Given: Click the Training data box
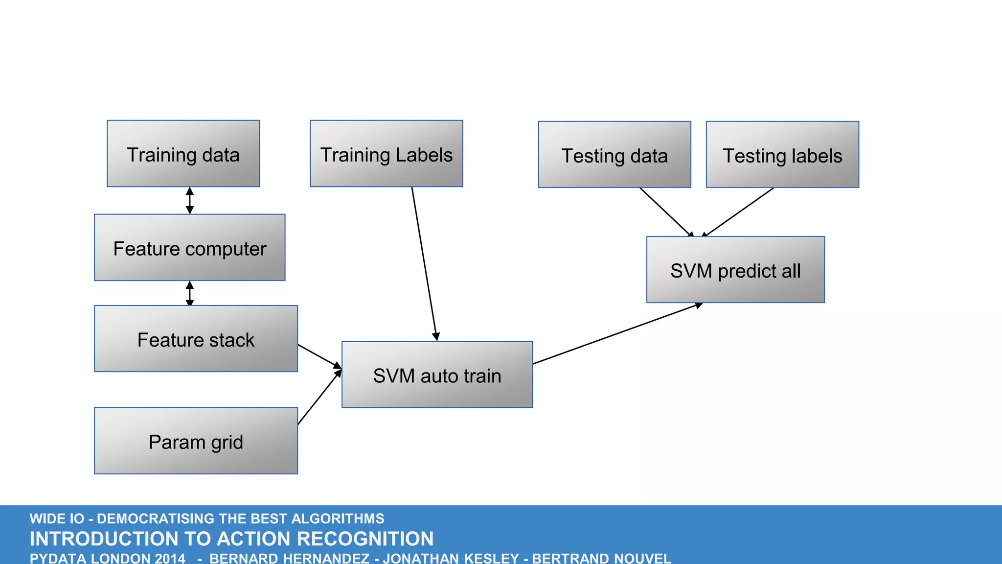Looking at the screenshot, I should pos(183,154).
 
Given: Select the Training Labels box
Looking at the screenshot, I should pos(386,154).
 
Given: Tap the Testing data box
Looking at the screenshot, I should pos(615,155).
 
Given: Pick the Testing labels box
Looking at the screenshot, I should pos(782,155).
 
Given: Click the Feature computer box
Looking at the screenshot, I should pos(189,248).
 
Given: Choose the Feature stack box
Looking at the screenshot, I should pos(196,339).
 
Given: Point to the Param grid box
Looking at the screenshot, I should pos(196,441).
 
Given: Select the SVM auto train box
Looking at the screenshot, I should pos(437,375).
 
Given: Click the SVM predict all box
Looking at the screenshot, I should pos(735,270).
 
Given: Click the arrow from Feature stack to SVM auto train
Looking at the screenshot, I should pos(319,356).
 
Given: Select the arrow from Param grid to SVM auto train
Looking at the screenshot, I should pos(319,397).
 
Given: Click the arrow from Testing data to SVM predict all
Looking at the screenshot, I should pos(665,212).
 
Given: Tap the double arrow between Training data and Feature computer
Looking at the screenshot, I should pos(190,200).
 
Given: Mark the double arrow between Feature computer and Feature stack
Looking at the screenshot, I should pos(190,293).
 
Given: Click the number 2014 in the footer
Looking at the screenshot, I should pos(170,558).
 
